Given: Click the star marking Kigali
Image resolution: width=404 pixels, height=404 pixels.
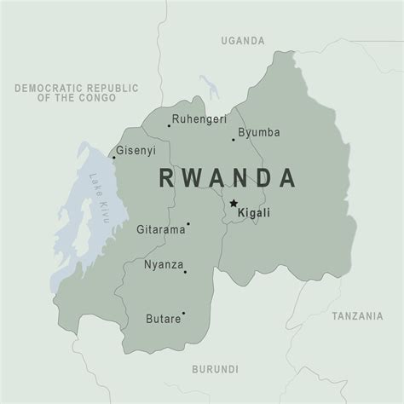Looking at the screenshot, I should click(233, 203).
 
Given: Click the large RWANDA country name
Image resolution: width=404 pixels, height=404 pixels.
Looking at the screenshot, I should click(228, 177).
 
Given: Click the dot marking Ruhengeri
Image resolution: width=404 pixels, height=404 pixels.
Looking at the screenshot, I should click(169, 126).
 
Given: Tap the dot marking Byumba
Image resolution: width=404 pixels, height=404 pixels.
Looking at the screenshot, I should click(234, 140).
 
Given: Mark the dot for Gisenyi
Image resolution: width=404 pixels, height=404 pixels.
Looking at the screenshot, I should click(114, 157).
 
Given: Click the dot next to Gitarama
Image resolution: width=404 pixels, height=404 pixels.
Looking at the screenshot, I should click(188, 225).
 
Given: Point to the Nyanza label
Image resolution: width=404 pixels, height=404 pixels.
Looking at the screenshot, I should click(164, 265).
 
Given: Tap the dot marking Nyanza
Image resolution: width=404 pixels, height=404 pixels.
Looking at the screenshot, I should click(186, 272).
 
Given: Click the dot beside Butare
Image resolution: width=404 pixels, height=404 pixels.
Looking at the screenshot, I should click(183, 313).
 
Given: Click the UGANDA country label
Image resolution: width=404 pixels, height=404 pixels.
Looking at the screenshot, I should click(243, 40).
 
